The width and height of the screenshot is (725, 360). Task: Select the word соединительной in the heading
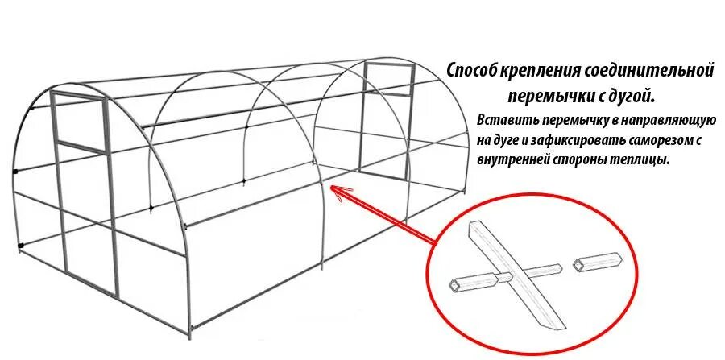655,71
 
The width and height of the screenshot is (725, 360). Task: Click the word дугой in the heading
631,97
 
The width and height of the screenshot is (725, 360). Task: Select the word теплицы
644,160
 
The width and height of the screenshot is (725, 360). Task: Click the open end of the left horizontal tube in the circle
457,284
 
